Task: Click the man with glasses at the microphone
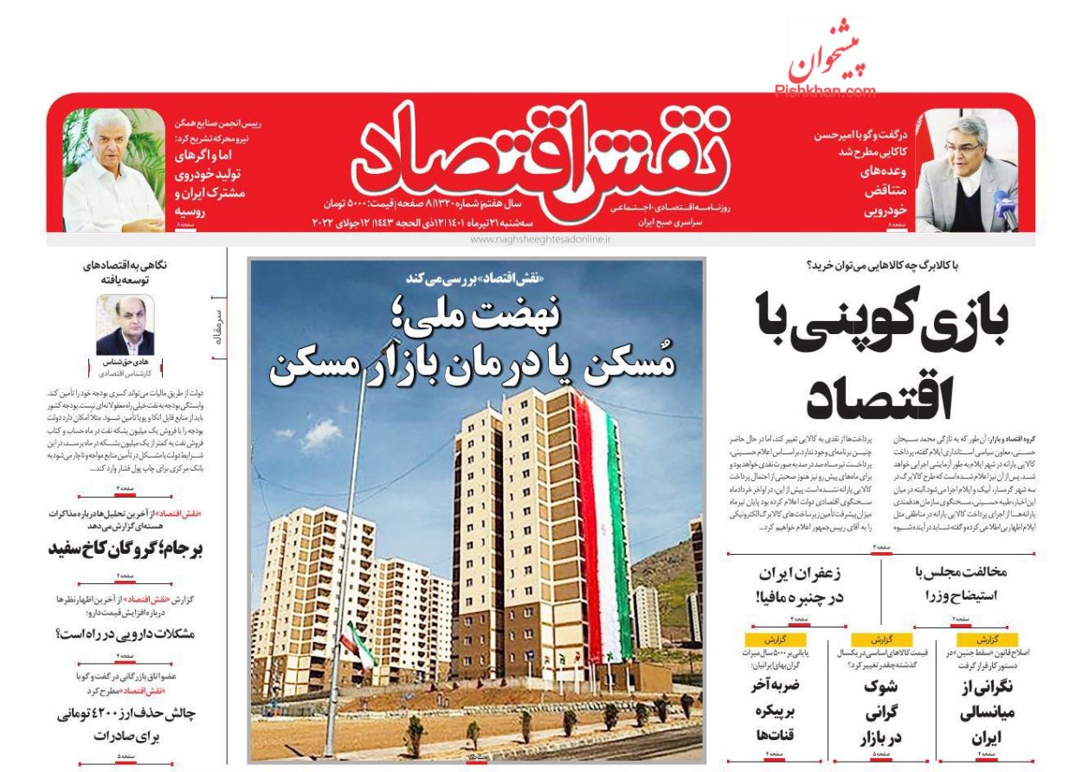[x=964, y=177]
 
